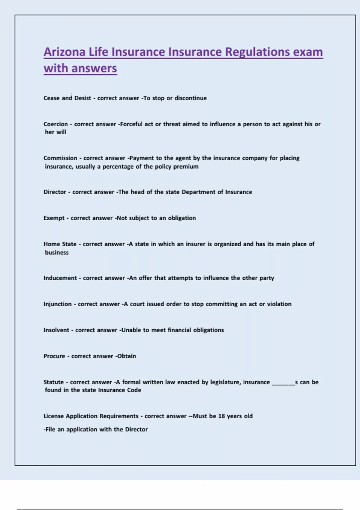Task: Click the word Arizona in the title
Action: pyautogui.click(x=64, y=52)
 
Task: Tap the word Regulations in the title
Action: pyautogui.click(x=257, y=52)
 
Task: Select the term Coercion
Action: pyautogui.click(x=55, y=124)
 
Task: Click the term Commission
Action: pyautogui.click(x=60, y=158)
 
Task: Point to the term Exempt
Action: pyautogui.click(x=54, y=218)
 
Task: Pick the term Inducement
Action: pyautogui.click(x=60, y=278)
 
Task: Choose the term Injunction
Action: pyautogui.click(x=58, y=304)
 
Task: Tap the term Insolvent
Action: pyautogui.click(x=56, y=330)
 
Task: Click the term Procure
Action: pyautogui.click(x=54, y=356)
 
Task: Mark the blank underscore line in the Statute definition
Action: pyautogui.click(x=283, y=383)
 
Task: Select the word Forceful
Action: pyautogui.click(x=131, y=124)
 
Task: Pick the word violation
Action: pyautogui.click(x=279, y=304)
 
